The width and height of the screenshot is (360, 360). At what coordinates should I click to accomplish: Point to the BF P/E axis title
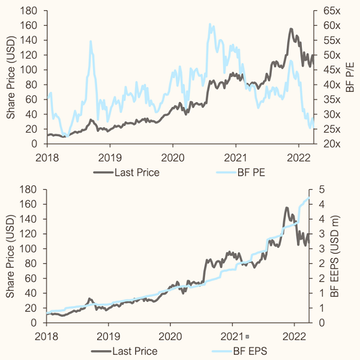pyautogui.click(x=350, y=77)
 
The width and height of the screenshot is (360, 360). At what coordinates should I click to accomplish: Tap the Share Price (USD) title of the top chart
pyautogui.click(x=10, y=77)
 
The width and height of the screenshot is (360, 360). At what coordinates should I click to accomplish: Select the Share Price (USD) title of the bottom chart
pyautogui.click(x=10, y=256)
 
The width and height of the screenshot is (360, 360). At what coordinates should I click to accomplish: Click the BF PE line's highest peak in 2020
pyautogui.click(x=210, y=24)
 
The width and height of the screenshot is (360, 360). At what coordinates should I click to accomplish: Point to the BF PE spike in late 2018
pyautogui.click(x=91, y=41)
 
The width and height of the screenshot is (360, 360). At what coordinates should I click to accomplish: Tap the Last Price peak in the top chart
pyautogui.click(x=291, y=29)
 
